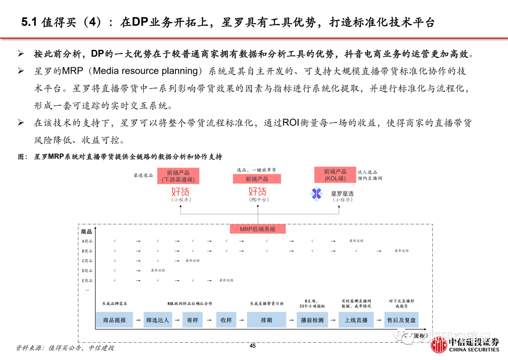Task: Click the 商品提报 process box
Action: pyautogui.click(x=114, y=320)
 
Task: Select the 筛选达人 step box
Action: pyautogui.click(x=158, y=320)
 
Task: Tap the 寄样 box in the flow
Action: pyautogui.click(x=192, y=320)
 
